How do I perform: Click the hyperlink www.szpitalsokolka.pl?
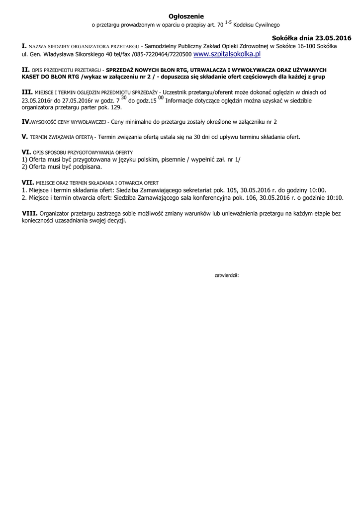[227, 54]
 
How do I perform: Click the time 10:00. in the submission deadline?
[316, 190]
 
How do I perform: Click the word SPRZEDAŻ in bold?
[120, 70]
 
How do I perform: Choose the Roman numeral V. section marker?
[24, 136]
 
